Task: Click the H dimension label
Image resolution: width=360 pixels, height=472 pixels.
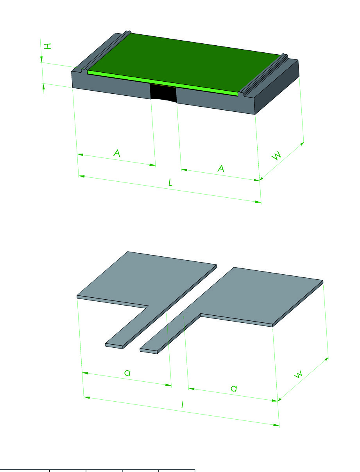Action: [48, 46]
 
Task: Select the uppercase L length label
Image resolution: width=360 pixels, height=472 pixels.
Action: [170, 182]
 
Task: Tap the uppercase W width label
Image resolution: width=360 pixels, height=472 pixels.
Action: [277, 155]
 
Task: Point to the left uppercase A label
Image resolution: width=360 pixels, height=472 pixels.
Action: [117, 153]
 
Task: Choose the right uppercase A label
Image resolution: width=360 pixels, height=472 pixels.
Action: [221, 168]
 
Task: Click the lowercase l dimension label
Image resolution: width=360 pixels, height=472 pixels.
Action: [183, 404]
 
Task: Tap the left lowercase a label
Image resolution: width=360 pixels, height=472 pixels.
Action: [127, 373]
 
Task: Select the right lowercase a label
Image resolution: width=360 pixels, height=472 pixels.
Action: [234, 388]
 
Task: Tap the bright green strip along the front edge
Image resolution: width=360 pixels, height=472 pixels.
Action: [163, 83]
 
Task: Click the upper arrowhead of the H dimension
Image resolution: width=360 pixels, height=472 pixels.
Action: [41, 59]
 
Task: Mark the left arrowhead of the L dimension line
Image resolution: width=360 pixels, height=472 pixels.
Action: [81, 176]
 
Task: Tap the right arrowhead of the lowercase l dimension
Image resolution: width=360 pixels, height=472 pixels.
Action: [276, 425]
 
